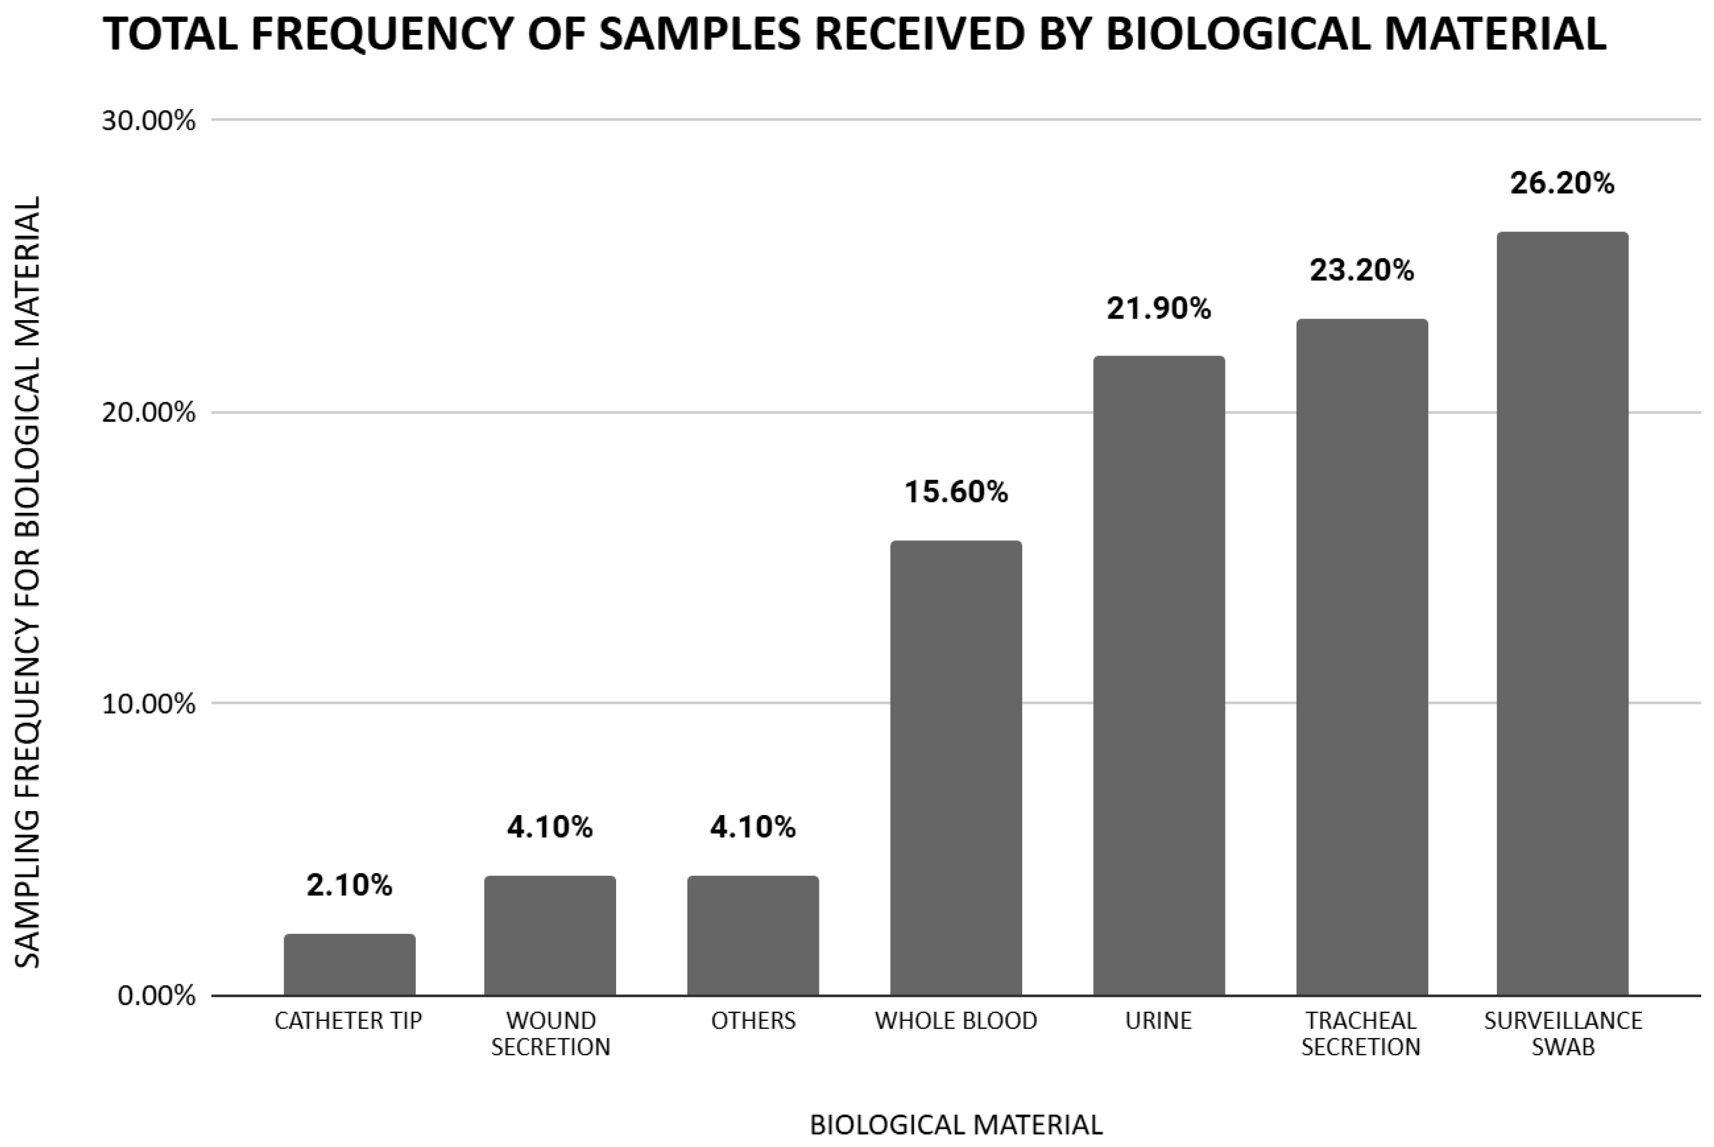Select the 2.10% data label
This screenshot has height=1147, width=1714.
click(x=349, y=886)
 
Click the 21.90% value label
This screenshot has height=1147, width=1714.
click(x=1159, y=309)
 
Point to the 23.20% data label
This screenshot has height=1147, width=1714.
click(x=1361, y=271)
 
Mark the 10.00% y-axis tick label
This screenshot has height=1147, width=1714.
click(x=149, y=704)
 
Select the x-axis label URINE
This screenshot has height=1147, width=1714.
click(x=1159, y=1021)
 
